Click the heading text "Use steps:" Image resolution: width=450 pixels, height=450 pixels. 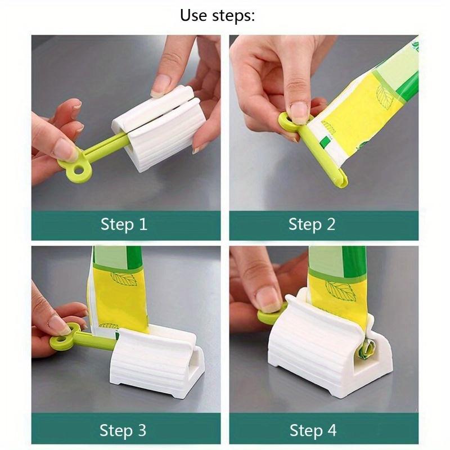pos(217,15)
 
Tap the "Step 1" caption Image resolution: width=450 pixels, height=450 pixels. pos(124,225)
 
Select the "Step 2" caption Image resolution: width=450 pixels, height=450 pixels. pos(312,225)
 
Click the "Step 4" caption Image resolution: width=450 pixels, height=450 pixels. pos(313,431)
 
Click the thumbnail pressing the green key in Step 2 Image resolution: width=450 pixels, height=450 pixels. pos(299,111)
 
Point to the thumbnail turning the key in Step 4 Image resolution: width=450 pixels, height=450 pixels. pos(268,299)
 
